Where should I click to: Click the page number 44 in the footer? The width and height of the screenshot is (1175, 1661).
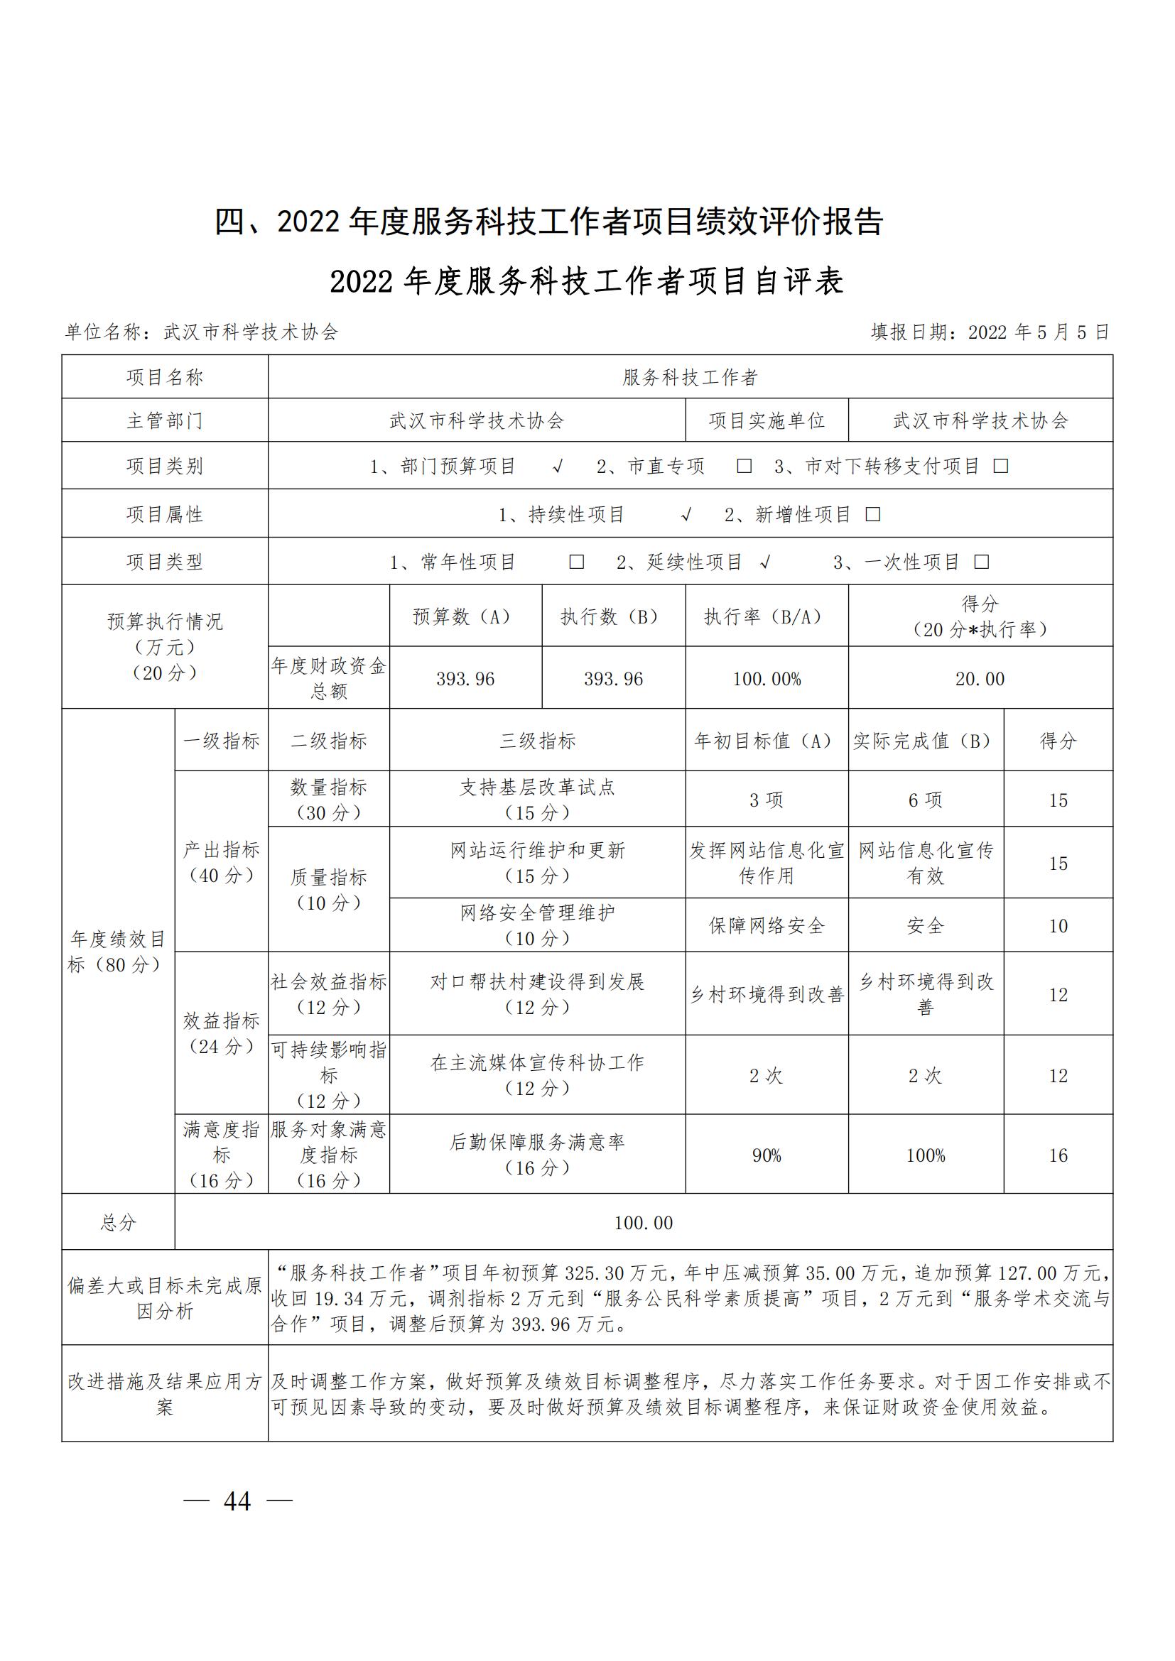tap(237, 1501)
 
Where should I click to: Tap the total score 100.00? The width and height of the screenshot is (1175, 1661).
tap(643, 1223)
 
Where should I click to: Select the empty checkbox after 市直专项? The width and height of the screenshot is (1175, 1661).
tap(744, 466)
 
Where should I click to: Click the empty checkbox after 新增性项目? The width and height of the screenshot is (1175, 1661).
tap(873, 514)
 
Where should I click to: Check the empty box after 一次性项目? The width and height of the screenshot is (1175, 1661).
tap(982, 562)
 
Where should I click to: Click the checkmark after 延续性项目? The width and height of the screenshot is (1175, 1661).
tap(766, 562)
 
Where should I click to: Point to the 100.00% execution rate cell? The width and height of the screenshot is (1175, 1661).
tap(767, 679)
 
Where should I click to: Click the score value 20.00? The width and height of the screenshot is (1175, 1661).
tap(980, 679)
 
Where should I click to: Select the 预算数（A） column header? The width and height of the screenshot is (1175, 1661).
tap(465, 616)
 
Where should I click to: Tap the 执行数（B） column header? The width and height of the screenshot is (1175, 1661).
tap(613, 616)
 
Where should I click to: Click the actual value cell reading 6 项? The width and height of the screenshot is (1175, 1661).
tap(926, 800)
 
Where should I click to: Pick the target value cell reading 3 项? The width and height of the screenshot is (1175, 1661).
tap(767, 800)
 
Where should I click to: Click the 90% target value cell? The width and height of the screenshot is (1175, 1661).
tap(767, 1155)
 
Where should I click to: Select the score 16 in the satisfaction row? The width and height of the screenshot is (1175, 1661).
tap(1058, 1155)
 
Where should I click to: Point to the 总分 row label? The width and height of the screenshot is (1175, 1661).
tap(118, 1223)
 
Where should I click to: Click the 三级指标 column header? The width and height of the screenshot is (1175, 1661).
tap(537, 741)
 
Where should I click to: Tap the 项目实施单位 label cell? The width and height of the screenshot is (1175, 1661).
tap(767, 420)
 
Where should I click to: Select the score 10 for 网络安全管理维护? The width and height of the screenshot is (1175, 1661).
tap(1058, 925)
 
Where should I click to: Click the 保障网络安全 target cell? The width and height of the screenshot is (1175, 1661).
tap(767, 925)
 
